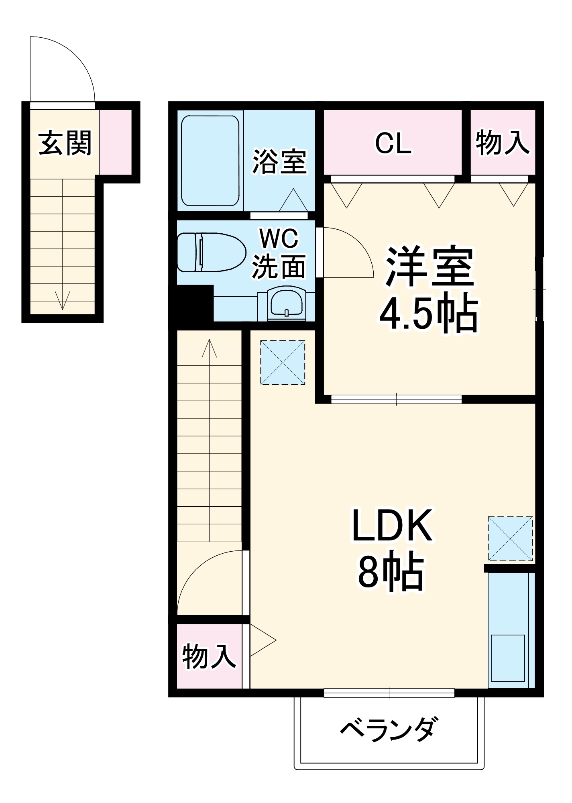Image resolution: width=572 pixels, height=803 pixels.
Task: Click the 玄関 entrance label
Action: tap(65, 143)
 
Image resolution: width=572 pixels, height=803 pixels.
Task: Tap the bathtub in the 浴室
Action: tap(210, 161)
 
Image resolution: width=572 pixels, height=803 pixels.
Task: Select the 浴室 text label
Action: tap(279, 162)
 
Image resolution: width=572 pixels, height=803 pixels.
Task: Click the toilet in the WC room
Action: tap(211, 252)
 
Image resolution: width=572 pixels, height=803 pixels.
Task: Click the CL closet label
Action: tap(393, 143)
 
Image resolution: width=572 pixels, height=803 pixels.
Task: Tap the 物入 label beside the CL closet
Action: tap(503, 143)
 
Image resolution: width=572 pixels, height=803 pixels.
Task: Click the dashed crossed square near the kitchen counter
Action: tap(510, 539)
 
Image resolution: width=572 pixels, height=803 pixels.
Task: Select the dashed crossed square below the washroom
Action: tap(283, 363)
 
